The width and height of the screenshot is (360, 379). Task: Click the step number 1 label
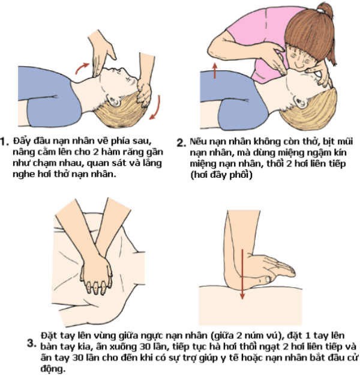point(5,142)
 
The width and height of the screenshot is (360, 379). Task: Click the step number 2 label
point(181,143)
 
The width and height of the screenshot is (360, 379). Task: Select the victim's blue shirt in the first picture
point(54,105)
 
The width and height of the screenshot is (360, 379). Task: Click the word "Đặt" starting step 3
point(47,333)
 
